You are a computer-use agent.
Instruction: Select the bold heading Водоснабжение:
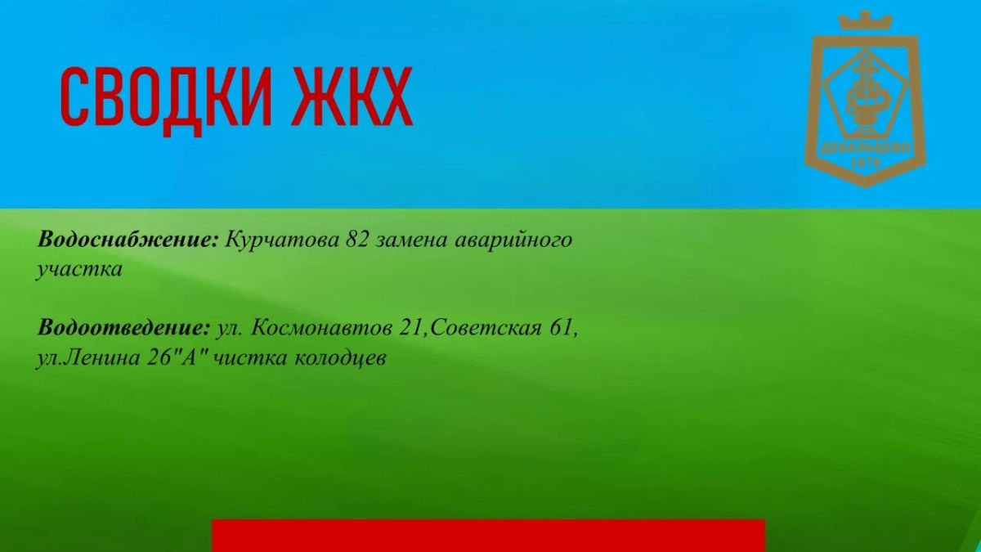[128, 240]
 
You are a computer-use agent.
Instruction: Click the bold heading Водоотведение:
[124, 328]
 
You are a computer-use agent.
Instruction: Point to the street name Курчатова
[282, 241]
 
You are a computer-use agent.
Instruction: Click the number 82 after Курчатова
[357, 240]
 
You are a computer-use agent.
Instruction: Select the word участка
[78, 270]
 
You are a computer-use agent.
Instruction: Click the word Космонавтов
[321, 328]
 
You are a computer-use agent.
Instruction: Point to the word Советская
[486, 328]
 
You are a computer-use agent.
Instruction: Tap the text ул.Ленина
[87, 358]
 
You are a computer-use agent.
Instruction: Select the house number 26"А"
[178, 357]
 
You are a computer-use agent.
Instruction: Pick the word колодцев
[340, 358]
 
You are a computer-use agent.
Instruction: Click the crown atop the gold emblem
[866, 21]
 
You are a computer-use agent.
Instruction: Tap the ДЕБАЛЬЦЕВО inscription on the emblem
[866, 148]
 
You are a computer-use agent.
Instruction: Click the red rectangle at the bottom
[488, 536]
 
